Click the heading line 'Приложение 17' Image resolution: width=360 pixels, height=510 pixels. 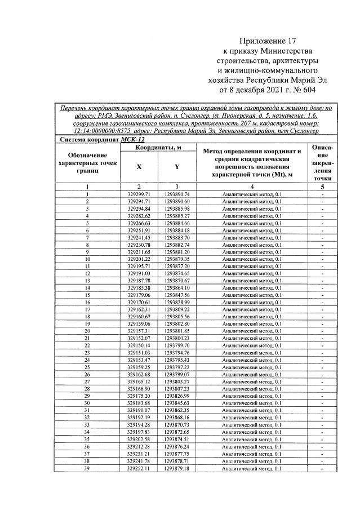(267, 41)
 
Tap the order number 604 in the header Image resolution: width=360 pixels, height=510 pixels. (308, 89)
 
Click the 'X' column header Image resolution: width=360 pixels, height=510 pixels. (139, 167)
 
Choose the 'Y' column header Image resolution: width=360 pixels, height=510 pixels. (177, 167)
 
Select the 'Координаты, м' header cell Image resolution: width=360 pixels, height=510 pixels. (158, 148)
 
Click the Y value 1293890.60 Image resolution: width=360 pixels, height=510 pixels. (177, 201)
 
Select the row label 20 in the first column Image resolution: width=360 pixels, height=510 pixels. (88, 331)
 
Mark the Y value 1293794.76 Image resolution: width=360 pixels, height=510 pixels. (177, 353)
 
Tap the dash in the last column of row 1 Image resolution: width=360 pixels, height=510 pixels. (322, 194)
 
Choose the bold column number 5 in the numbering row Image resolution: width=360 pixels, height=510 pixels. (322, 187)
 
